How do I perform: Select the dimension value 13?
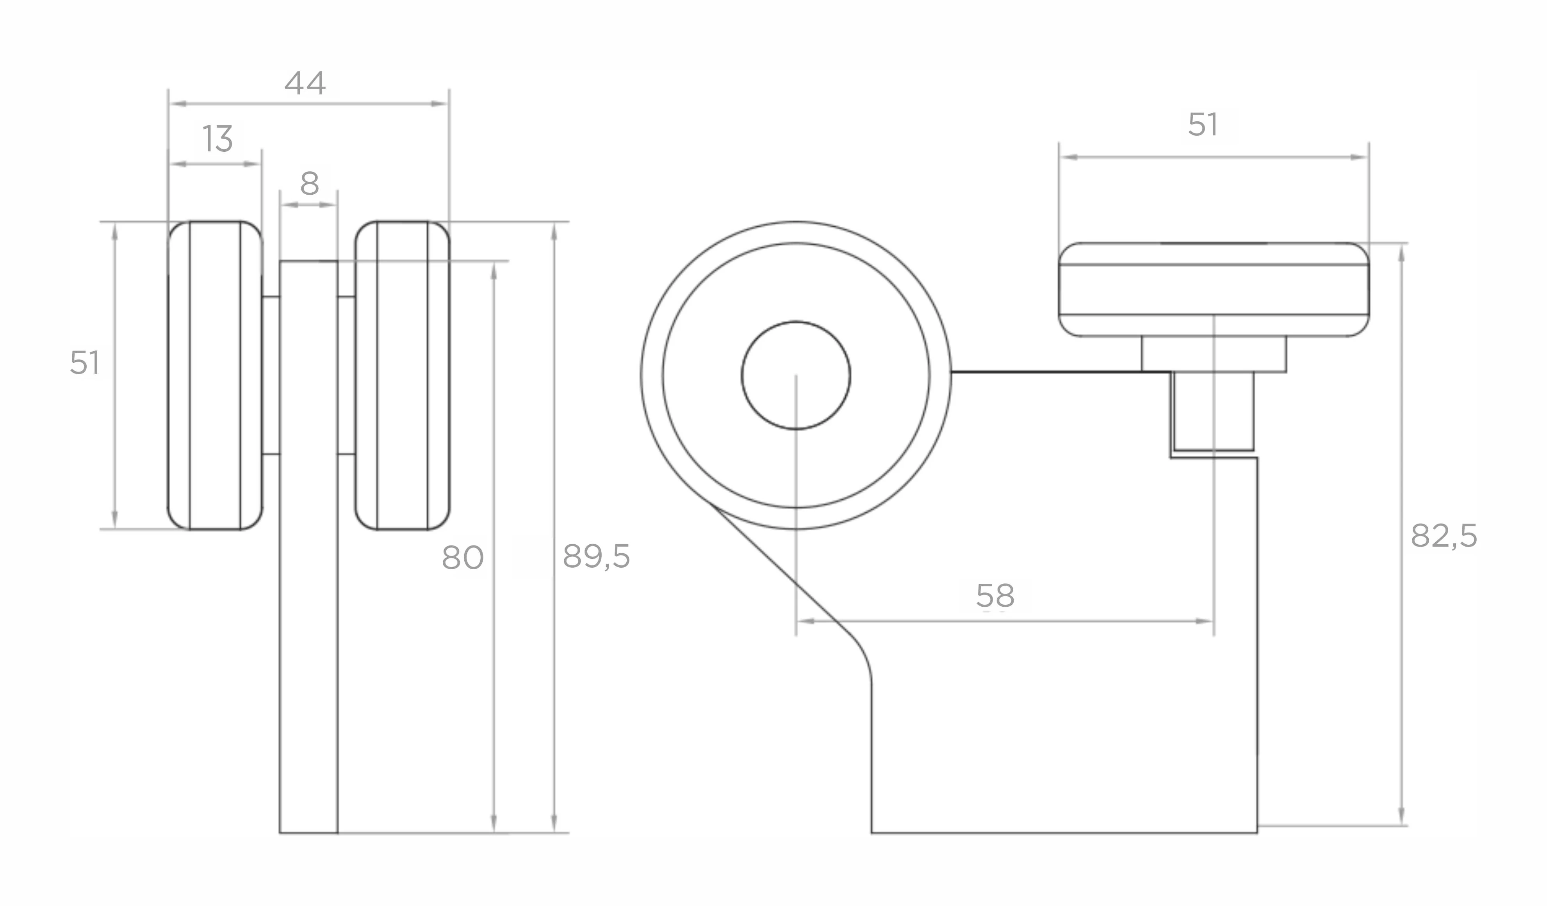coord(218,139)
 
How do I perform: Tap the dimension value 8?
coord(309,183)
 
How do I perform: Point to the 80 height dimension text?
coord(463,558)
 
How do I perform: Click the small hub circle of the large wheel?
coord(796,375)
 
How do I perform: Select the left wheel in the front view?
coord(215,375)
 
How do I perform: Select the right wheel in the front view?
coord(402,375)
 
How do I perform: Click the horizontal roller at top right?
coord(1214,290)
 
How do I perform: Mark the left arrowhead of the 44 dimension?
coord(177,104)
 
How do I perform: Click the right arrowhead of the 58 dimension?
coord(1205,622)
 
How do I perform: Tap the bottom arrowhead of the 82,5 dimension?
coord(1401,816)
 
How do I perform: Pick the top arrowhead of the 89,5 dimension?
coord(554,231)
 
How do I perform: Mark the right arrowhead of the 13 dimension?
coord(253,164)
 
